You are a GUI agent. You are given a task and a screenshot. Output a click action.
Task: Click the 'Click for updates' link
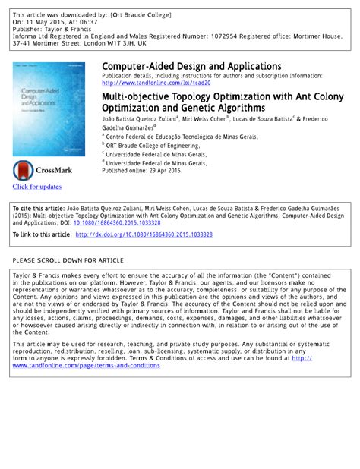[x=36, y=187]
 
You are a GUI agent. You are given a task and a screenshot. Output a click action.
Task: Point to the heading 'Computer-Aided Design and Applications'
[x=191, y=67]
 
